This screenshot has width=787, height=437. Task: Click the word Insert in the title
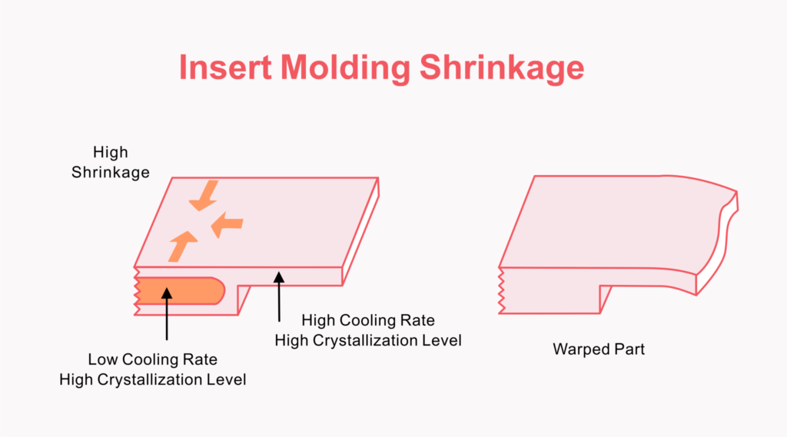pos(225,68)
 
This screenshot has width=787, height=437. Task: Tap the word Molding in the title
pos(345,68)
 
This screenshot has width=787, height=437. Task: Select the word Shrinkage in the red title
pos(502,68)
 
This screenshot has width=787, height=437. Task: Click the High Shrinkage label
pos(111,162)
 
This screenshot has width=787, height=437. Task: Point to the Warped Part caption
pos(598,349)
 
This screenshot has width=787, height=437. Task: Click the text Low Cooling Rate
pos(153,359)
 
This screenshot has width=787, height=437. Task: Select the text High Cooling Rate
pos(368,320)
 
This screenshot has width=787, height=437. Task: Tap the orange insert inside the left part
pos(180,291)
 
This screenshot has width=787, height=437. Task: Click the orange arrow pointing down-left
pos(204,196)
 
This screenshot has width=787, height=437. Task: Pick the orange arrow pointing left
pos(227,224)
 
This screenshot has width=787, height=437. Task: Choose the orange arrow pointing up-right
pos(182,247)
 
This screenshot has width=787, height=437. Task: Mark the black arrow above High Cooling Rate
pos(279,296)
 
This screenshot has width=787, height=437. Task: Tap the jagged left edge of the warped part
pos(501,290)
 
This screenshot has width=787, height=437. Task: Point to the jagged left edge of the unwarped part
pos(137,292)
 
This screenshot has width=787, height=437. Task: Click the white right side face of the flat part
pos(361,232)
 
